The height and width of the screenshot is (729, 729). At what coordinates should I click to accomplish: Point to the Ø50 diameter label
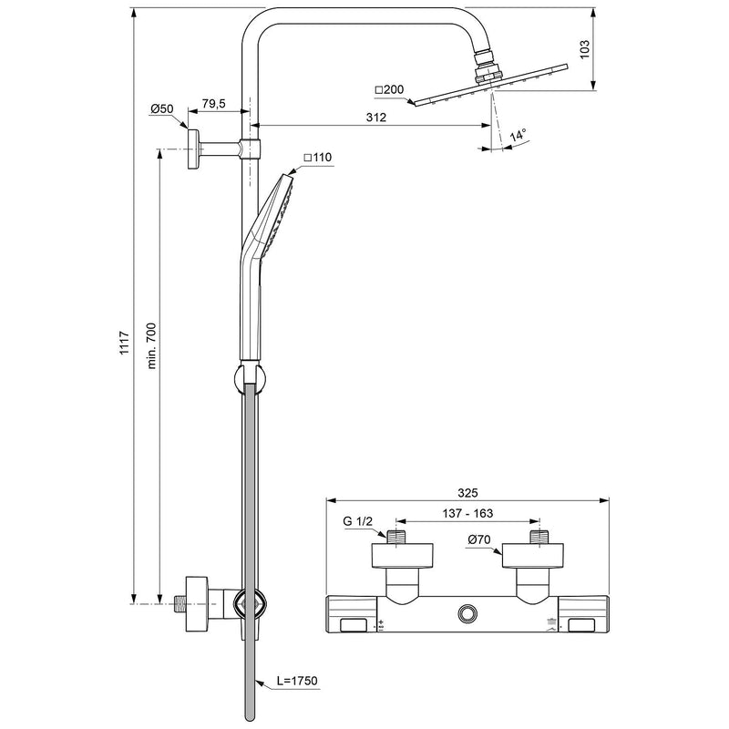[x=162, y=109]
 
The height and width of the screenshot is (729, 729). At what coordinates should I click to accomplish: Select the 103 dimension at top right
[x=586, y=47]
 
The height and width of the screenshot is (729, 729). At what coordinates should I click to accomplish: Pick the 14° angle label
[x=518, y=135]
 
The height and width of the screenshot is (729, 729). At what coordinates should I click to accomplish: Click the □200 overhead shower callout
[x=388, y=89]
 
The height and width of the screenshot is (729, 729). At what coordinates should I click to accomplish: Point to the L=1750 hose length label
[x=299, y=681]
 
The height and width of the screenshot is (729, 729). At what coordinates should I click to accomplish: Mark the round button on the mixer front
[x=469, y=613]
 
